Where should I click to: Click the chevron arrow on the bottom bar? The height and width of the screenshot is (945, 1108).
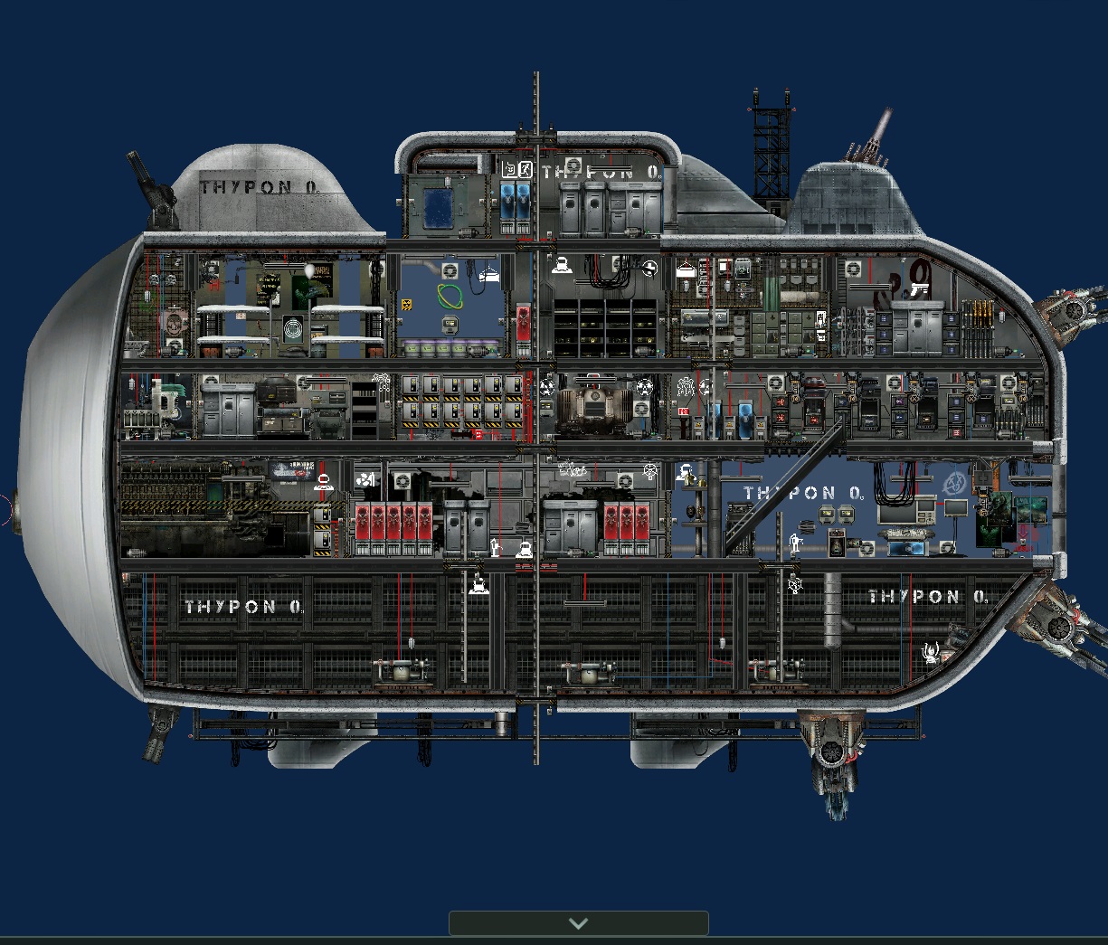(578, 923)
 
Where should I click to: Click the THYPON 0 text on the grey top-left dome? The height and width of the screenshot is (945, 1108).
(260, 187)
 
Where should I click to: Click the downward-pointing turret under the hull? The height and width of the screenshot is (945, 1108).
(833, 760)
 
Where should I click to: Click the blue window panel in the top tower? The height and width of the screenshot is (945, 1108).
(440, 206)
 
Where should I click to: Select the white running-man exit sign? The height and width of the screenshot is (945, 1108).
(526, 169)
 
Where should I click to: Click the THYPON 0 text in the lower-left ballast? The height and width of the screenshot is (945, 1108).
(243, 607)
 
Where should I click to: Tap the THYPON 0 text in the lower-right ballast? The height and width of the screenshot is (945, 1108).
(927, 597)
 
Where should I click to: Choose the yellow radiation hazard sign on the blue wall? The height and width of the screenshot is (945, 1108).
(407, 304)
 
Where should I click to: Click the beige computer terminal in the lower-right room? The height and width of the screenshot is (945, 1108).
(923, 511)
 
